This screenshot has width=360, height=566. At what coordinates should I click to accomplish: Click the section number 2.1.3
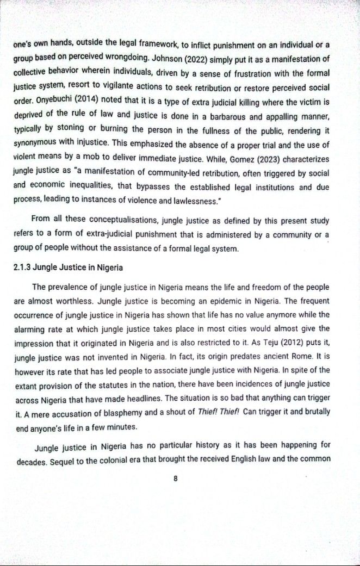pyautogui.click(x=21, y=268)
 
